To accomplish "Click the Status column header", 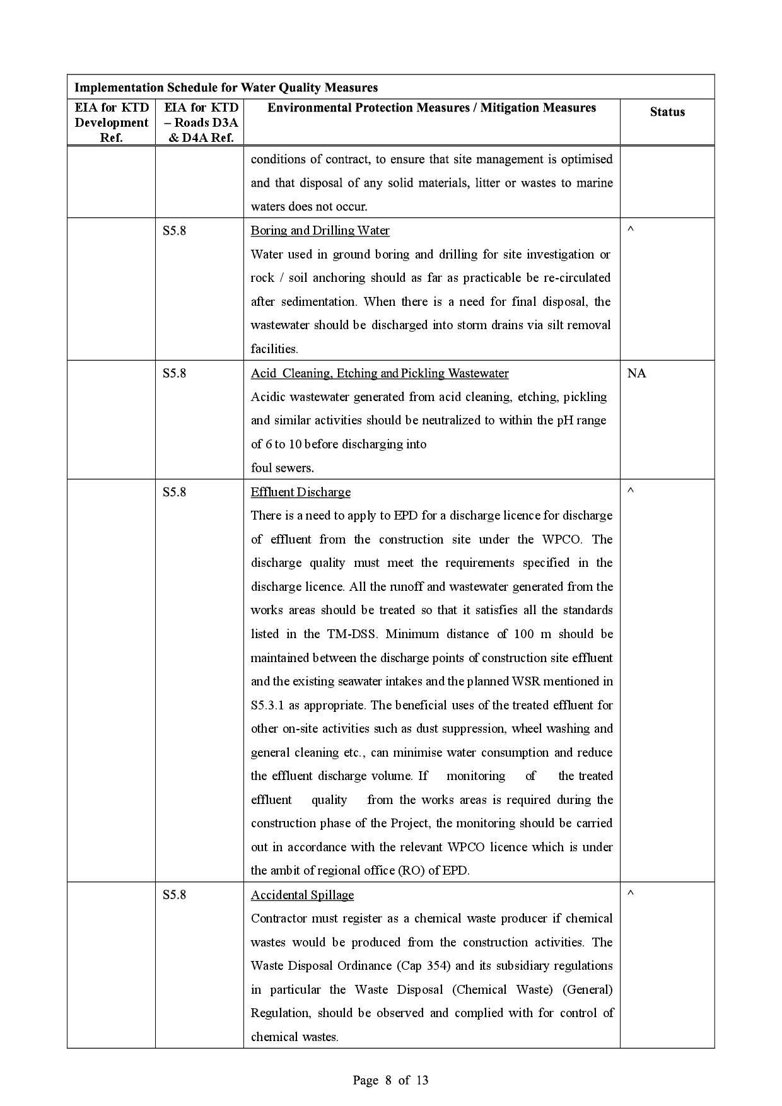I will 667,112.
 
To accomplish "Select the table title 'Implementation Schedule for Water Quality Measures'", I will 226,88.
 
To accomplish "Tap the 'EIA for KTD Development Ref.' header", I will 112,122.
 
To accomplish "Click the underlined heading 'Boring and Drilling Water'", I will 320,231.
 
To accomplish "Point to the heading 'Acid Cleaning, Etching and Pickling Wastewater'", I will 379,373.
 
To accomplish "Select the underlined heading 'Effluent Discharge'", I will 300,492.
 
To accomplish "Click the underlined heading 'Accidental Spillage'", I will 302,895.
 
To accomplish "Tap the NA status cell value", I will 636,373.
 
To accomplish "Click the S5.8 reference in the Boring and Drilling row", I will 174,231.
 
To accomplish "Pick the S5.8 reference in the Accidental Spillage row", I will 174,895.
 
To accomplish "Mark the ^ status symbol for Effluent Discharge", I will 630,491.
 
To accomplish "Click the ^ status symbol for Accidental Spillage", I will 630,894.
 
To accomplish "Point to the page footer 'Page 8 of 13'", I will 390,1080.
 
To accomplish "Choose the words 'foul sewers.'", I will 282,468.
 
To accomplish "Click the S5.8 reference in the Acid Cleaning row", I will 174,373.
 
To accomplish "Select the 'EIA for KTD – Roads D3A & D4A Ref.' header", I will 199,122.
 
